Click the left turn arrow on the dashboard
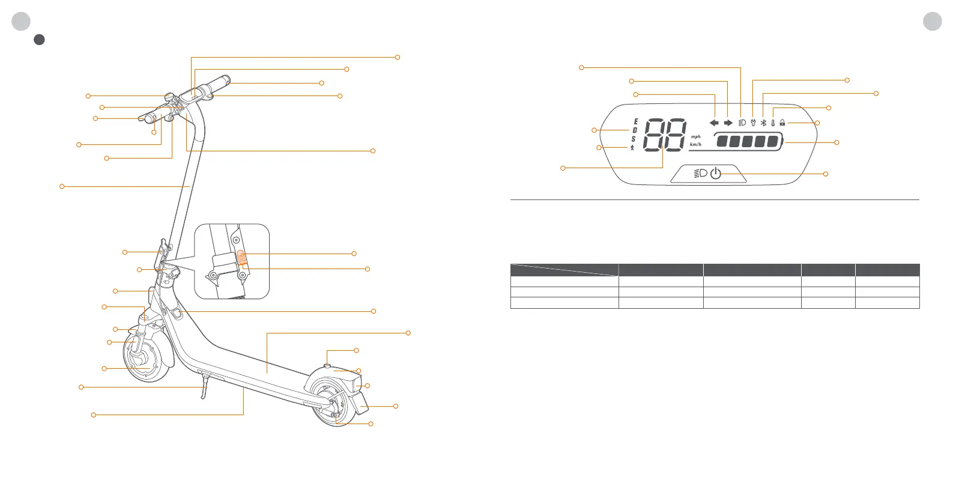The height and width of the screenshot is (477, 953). [714, 123]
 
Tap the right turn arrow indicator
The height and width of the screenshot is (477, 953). [728, 123]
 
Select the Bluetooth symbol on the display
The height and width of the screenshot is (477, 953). [763, 123]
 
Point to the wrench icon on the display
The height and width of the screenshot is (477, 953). [752, 123]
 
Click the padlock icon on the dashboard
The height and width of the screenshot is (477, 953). [782, 123]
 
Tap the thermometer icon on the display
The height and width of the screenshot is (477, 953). [773, 123]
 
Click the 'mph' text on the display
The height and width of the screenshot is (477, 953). [695, 137]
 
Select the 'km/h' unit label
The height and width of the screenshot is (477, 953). [695, 145]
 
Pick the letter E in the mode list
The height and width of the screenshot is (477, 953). [635, 121]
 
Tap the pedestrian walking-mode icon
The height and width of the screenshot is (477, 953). [632, 148]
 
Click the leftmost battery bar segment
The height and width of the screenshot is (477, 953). [721, 142]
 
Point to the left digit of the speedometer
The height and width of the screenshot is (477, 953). [654, 135]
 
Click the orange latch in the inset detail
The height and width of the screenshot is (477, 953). [241, 257]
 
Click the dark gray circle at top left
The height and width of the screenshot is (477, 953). [39, 40]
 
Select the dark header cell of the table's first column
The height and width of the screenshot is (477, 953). [564, 269]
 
